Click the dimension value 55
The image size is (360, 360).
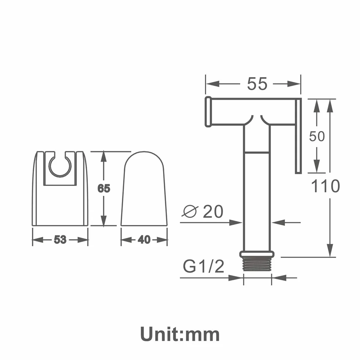[257, 84]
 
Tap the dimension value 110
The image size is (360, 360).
[325, 186]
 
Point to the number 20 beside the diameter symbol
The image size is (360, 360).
[213, 212]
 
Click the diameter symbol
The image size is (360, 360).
[190, 211]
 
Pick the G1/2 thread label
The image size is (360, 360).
[204, 266]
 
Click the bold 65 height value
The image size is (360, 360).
[104, 188]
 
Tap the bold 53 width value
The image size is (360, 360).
[60, 240]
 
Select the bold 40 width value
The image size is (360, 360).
[144, 240]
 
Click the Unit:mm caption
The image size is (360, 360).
[180, 335]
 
